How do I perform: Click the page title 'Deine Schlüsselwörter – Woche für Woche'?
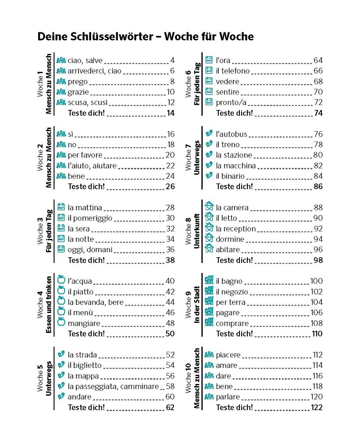tap(146, 37)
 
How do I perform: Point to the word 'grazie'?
tap(78, 92)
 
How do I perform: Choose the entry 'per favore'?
tap(85, 155)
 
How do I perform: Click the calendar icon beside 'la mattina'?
tap(61, 207)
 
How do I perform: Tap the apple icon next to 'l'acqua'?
tap(61, 281)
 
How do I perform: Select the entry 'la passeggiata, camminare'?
tap(113, 387)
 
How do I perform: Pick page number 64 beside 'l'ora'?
tap(318, 60)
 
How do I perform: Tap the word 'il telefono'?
tap(233, 71)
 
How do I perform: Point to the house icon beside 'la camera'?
tap(209, 207)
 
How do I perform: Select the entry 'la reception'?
tap(236, 229)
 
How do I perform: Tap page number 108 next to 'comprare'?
tap(316, 323)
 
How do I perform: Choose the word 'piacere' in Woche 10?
tap(228, 355)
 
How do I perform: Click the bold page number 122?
tap(316, 408)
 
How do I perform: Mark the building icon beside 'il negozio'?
tap(209, 291)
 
